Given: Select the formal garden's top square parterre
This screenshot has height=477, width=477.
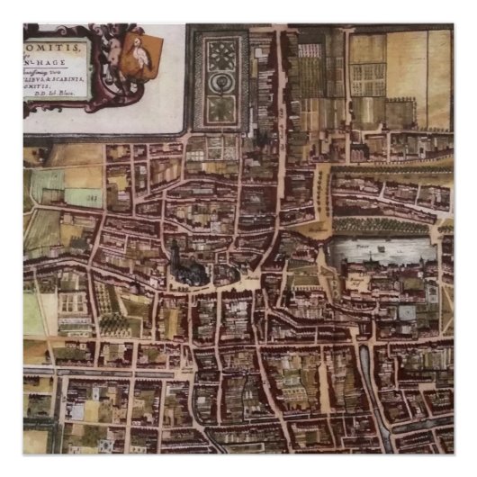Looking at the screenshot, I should (x=220, y=54).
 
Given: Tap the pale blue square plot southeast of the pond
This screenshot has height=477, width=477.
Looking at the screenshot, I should (x=407, y=312).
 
